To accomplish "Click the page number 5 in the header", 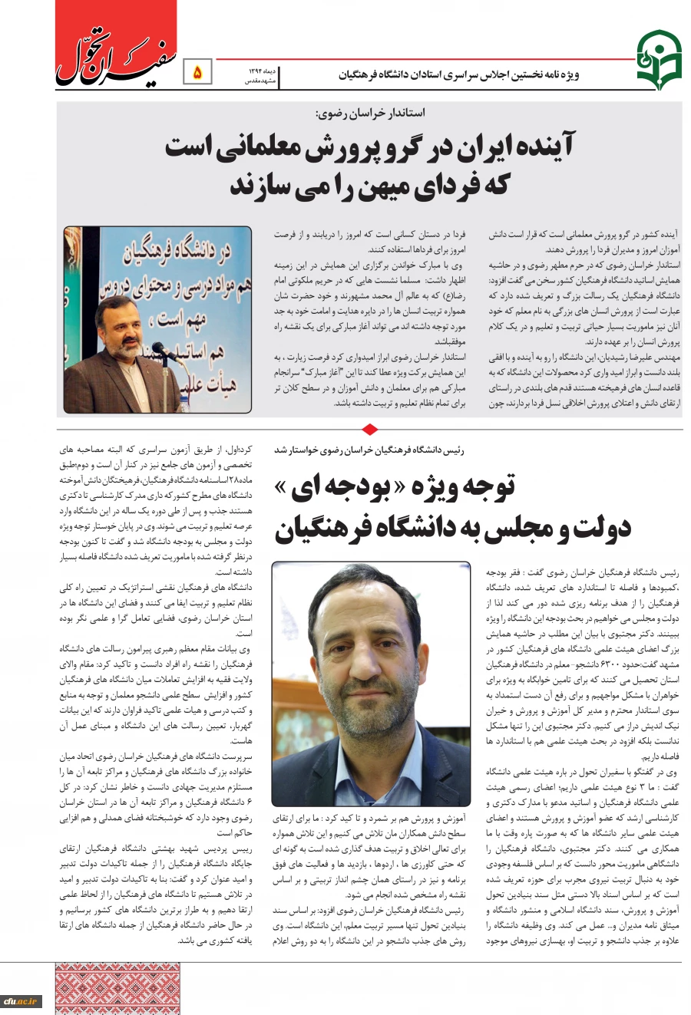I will click(x=197, y=73).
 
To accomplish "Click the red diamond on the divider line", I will click(x=369, y=429).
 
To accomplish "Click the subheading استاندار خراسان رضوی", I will click(x=370, y=113).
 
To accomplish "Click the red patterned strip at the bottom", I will click(x=117, y=988).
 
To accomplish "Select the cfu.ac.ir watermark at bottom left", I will click(x=21, y=1000).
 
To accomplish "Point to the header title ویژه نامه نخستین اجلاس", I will click(x=459, y=74).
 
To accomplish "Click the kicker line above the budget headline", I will click(x=369, y=450).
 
